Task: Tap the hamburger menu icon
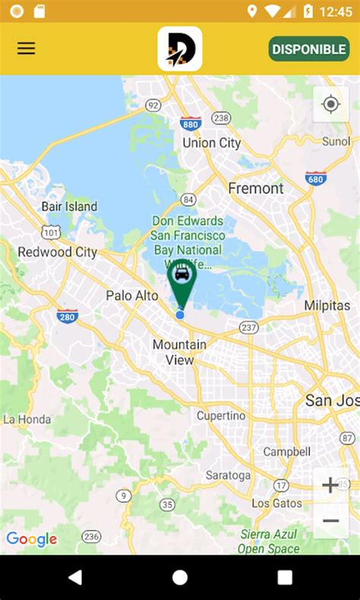tap(27, 49)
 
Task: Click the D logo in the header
tap(180, 49)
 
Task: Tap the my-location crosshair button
tap(331, 104)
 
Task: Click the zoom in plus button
tap(330, 485)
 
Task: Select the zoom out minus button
tap(330, 520)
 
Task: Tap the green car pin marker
tap(182, 279)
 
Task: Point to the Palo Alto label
tap(132, 295)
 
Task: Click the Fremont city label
tap(256, 188)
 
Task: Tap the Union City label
tap(212, 143)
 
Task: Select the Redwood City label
tap(57, 252)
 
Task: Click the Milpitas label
tap(327, 305)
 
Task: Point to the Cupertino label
tap(221, 415)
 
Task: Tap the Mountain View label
tap(179, 352)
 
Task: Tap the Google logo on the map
tap(32, 539)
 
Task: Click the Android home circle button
tap(180, 577)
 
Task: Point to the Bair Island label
tap(69, 207)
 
